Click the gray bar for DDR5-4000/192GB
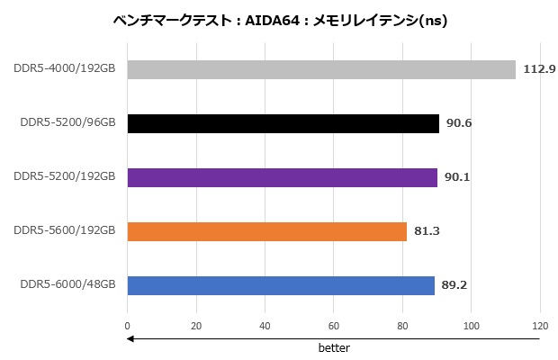(x=321, y=69)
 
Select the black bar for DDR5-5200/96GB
(x=283, y=123)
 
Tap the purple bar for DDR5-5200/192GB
(x=283, y=177)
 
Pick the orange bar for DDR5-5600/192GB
(x=267, y=231)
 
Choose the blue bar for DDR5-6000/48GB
(x=281, y=285)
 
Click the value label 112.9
(x=539, y=69)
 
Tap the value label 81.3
(x=427, y=231)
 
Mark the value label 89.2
(x=455, y=285)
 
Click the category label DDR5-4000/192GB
(x=65, y=67)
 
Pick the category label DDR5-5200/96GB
(x=68, y=121)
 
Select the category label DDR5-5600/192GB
(x=65, y=229)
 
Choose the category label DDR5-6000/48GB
(x=68, y=283)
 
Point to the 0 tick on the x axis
(x=128, y=327)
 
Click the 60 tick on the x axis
(x=334, y=327)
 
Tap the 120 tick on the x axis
(x=539, y=327)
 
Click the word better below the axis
(x=333, y=347)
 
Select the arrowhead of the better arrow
(x=130, y=339)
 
